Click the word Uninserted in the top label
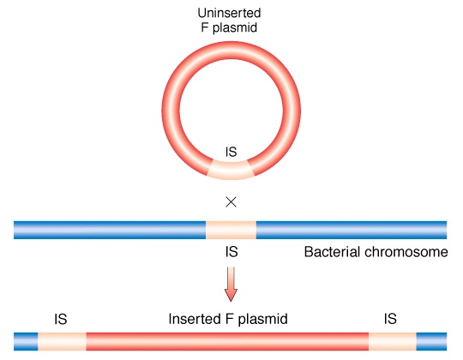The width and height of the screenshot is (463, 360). coord(229,13)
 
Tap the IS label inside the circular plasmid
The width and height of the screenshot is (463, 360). coord(231,152)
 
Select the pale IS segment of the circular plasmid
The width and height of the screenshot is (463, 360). coord(231,170)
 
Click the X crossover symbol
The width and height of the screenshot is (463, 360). coord(231,202)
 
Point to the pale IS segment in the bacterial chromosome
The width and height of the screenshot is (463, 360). coord(231,231)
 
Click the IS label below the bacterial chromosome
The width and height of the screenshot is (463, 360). coord(231,252)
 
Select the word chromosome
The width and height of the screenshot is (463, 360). coord(406,252)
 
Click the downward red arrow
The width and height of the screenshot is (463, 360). coord(231,285)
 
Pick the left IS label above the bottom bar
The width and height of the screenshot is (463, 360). coord(61,319)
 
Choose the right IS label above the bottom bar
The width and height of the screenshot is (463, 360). coord(390,319)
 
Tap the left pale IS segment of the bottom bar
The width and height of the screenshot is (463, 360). coord(62,342)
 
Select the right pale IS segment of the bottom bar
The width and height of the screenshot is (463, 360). coord(393,342)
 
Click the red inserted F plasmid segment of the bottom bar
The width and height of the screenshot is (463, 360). coord(227,342)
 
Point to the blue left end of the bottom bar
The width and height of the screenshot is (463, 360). coord(26,342)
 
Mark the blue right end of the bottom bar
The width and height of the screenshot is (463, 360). coord(431,342)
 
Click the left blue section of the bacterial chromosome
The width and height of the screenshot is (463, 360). coord(110,231)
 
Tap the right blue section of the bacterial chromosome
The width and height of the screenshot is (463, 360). coord(352,231)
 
